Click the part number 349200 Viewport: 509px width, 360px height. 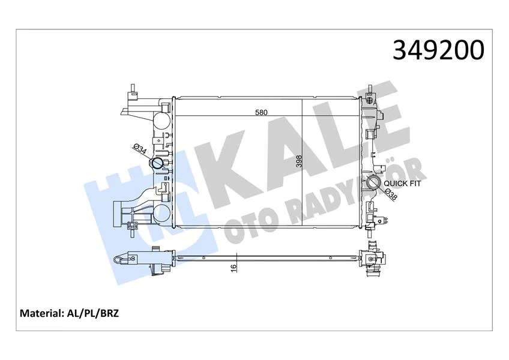click(x=438, y=50)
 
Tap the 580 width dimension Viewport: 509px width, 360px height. click(x=261, y=112)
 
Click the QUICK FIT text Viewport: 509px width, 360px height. click(x=402, y=184)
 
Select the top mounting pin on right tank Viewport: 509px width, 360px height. click(x=372, y=92)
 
